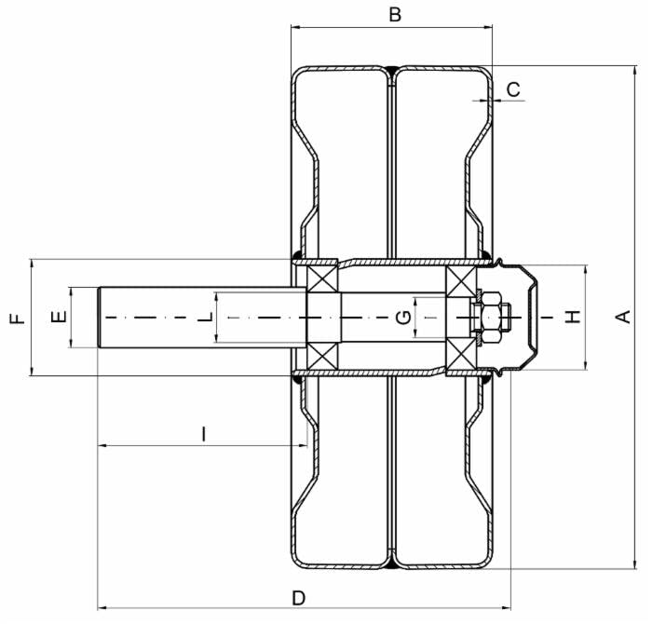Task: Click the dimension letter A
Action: (x=623, y=317)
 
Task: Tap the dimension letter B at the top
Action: (x=395, y=15)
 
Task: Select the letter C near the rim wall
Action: (x=514, y=89)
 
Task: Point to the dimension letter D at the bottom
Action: (x=299, y=598)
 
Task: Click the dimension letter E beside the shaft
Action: (x=59, y=318)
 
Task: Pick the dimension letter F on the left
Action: (x=18, y=319)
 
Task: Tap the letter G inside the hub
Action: (x=403, y=318)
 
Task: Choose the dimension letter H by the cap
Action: (x=573, y=317)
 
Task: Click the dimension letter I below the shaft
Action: (x=203, y=434)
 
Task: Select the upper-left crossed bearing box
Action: (x=322, y=278)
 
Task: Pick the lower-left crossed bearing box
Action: (x=323, y=357)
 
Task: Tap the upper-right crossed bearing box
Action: (x=461, y=281)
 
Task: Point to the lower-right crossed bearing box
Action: (x=461, y=353)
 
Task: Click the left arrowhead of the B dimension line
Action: (x=295, y=28)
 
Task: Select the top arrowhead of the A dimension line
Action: (x=635, y=71)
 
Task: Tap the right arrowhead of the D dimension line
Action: (x=506, y=608)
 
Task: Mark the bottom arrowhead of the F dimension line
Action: (x=32, y=371)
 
